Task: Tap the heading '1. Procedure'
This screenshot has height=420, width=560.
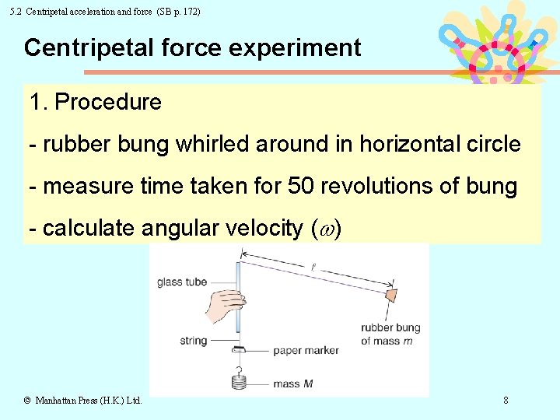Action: click(96, 103)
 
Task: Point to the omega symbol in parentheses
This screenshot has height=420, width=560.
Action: click(326, 229)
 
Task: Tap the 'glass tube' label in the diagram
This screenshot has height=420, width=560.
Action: click(181, 282)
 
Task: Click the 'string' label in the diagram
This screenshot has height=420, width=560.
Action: click(193, 340)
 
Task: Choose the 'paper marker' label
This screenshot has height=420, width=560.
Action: click(306, 351)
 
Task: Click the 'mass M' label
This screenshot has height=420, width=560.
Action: click(293, 383)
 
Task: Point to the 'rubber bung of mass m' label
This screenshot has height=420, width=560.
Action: click(390, 334)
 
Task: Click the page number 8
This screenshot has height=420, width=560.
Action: click(506, 401)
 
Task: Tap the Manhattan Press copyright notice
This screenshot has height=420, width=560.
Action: click(82, 401)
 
